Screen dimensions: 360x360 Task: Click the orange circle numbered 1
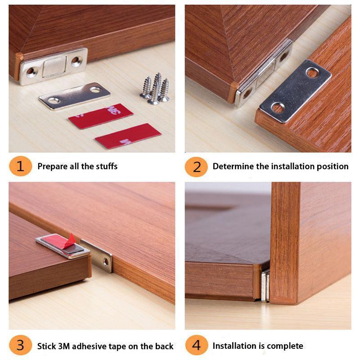point(20,166)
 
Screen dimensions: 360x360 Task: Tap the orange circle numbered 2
point(196,166)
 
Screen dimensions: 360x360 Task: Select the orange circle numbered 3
point(20,346)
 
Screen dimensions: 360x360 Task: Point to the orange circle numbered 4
point(196,346)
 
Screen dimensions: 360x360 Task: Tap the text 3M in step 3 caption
point(63,346)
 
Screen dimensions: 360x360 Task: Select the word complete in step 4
point(285,346)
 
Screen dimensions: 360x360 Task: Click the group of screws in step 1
point(155,89)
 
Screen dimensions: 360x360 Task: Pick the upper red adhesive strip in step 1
point(100,116)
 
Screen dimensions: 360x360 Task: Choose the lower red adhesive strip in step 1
point(128,136)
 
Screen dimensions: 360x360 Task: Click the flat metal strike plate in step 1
point(74,95)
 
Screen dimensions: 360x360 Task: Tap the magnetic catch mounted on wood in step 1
point(54,67)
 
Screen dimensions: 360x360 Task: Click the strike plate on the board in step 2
point(295,91)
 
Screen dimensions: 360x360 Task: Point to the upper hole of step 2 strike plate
point(312,72)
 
